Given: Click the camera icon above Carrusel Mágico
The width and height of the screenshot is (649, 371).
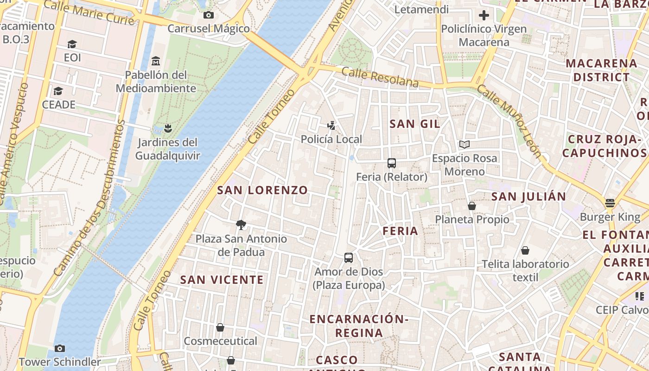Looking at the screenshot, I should tap(209, 15).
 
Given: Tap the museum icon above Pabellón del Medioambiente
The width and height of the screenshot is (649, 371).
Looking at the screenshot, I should tap(156, 61).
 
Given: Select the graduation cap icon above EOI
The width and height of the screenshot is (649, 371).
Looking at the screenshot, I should tap(72, 44).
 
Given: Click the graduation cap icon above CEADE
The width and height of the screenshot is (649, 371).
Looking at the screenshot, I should tap(58, 91).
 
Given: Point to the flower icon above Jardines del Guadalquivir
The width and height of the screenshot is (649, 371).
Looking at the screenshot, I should tap(168, 128).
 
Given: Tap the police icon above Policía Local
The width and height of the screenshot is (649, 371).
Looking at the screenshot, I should tap(331, 125).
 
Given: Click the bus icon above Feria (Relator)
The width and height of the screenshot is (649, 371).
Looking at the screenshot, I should tap(392, 163).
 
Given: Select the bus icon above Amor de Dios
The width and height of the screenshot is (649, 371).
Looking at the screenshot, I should tap(349, 257).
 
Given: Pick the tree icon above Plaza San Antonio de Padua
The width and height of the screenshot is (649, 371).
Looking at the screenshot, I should tap(241, 225).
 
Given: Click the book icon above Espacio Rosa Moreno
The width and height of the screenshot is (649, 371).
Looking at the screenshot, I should tap(464, 144).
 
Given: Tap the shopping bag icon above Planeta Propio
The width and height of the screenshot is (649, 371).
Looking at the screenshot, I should tap(472, 205).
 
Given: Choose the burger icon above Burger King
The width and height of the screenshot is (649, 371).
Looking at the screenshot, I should tap(610, 203).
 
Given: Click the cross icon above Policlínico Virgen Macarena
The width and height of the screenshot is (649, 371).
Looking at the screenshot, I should tap(484, 15).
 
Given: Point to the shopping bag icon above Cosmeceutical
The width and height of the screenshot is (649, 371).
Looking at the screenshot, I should tap(220, 327).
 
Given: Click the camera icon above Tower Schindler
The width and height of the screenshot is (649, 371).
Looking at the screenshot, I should tap(59, 348).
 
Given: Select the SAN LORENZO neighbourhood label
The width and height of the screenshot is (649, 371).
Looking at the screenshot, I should tap(262, 190).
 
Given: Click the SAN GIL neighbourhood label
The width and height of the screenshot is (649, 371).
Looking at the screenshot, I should tap(415, 124).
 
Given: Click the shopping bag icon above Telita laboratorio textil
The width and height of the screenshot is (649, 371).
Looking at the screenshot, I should tap(525, 250).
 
